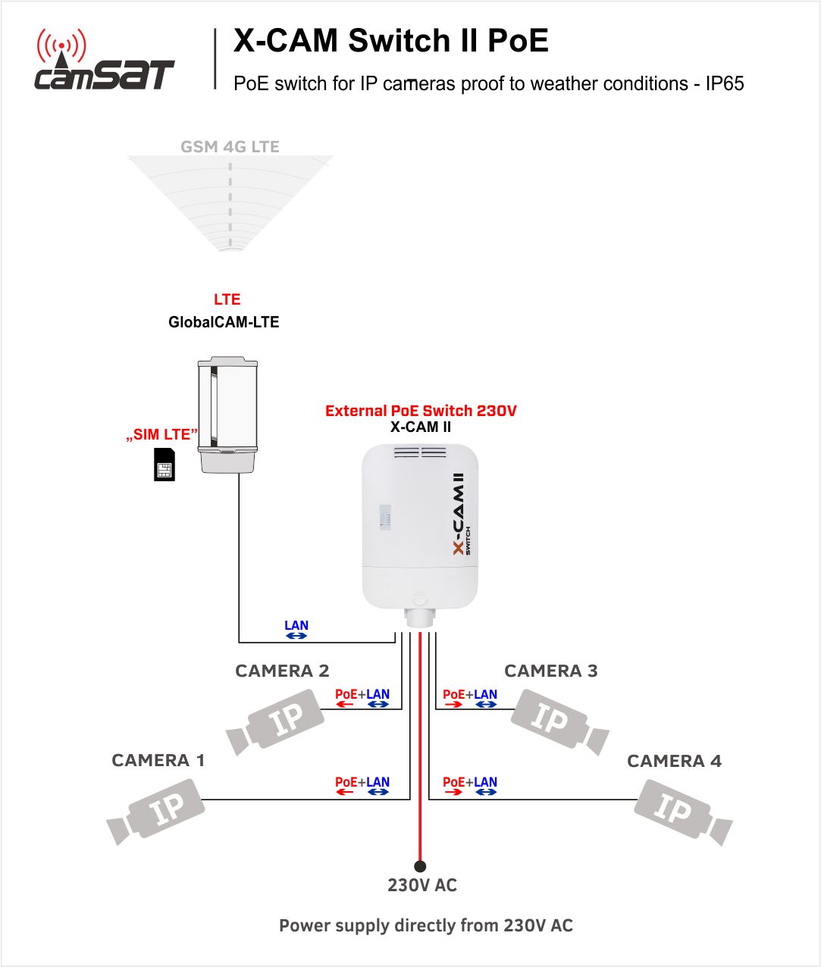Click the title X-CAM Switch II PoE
[x=390, y=41]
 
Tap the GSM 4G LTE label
[x=230, y=147]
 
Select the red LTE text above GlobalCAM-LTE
[x=227, y=299]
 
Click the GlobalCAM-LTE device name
[x=224, y=322]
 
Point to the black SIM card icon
[x=165, y=465]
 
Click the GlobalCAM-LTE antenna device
[x=227, y=415]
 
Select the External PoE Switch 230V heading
[x=421, y=411]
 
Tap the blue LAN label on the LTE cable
[x=296, y=626]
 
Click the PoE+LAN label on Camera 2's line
[x=362, y=695]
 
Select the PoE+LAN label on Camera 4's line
[x=469, y=783]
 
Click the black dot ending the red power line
[x=420, y=866]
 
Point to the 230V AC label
[x=422, y=885]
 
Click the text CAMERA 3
[x=550, y=671]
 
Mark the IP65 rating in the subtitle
[x=725, y=83]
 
